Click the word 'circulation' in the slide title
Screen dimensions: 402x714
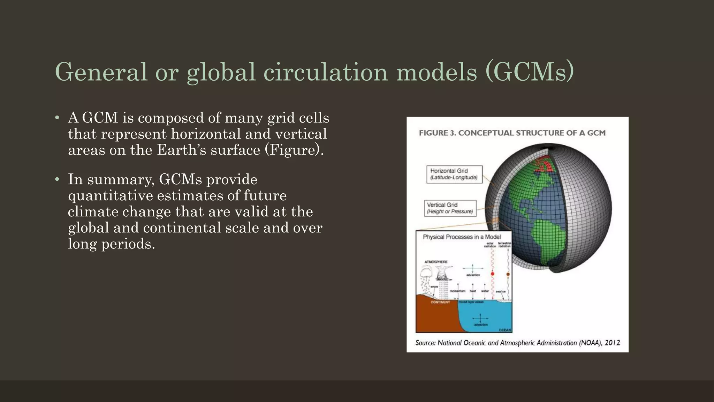[x=325, y=72]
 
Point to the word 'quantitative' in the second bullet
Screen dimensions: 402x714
[x=110, y=195]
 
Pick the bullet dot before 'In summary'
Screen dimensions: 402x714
[x=57, y=179]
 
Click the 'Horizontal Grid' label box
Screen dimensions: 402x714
[x=454, y=174]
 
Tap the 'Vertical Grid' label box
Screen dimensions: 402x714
[x=450, y=208]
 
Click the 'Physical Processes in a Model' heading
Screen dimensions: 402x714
[x=462, y=237]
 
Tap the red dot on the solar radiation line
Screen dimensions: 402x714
[x=493, y=274]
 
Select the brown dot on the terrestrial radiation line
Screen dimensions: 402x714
[x=508, y=274]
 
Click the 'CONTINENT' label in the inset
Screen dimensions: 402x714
[x=440, y=302]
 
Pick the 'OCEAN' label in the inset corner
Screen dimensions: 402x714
[x=504, y=330]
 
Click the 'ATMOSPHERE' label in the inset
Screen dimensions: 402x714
[x=436, y=262]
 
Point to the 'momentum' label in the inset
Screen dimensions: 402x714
[x=457, y=291]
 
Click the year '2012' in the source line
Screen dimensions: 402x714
[x=612, y=343]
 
